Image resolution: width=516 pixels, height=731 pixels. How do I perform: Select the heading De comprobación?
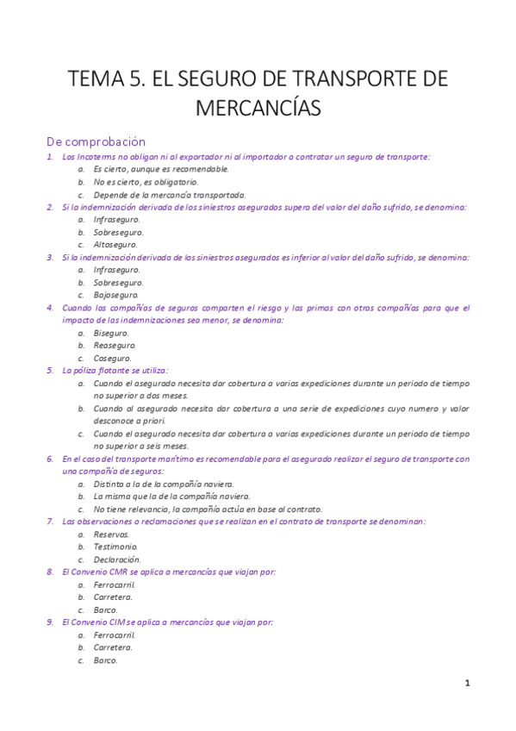[x=96, y=141]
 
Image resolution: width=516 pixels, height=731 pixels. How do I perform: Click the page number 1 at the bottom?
[x=467, y=683]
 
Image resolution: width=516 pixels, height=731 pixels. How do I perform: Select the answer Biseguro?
[x=111, y=332]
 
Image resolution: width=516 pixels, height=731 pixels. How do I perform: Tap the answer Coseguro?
[x=113, y=358]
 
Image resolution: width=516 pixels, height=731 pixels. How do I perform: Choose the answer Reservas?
[x=111, y=534]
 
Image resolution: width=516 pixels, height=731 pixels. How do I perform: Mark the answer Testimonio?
[x=115, y=546]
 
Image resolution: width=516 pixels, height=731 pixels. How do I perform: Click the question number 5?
[x=50, y=370]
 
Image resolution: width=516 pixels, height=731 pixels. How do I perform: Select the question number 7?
[x=50, y=521]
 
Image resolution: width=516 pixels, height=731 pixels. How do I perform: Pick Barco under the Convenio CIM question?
[x=105, y=660]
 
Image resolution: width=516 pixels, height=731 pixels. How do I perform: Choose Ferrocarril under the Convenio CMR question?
[x=115, y=584]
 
